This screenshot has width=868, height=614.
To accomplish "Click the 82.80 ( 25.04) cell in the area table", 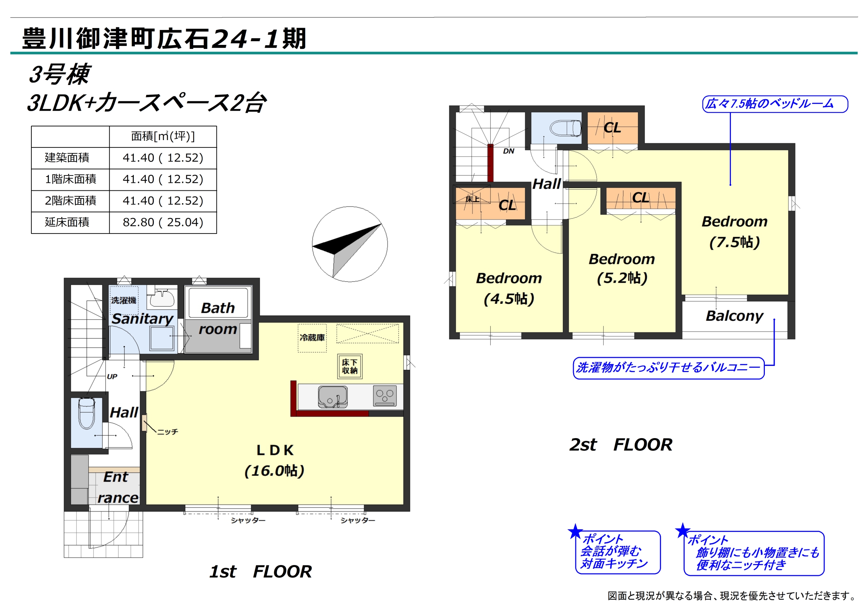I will click(x=163, y=223).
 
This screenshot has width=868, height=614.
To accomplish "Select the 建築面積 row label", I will click(x=67, y=158).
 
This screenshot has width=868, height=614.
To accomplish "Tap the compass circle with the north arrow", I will click(x=350, y=244).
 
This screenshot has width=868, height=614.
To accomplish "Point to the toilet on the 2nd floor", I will click(x=565, y=129).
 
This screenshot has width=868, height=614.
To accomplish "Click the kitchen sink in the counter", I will click(x=333, y=397).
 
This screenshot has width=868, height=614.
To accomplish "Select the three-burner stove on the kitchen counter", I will click(x=385, y=396).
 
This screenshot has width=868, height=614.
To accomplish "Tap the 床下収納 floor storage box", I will click(x=350, y=366).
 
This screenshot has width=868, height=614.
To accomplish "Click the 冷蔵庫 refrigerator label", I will click(x=312, y=337).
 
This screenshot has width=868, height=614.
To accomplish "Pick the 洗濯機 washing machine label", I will click(x=124, y=300).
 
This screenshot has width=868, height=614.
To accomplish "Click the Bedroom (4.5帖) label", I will click(x=509, y=288).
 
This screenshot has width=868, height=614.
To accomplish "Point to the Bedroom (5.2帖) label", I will click(x=622, y=269).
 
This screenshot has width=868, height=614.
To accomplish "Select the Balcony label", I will click(x=734, y=316).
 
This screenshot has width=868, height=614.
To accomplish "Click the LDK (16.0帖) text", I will click(x=275, y=461).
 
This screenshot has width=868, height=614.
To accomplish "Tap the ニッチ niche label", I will click(x=167, y=432).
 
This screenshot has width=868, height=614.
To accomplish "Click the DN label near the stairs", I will click(x=509, y=151).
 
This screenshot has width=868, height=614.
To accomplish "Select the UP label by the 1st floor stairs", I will click(x=112, y=377).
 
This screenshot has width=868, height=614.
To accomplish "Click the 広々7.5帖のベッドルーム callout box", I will click(x=775, y=104).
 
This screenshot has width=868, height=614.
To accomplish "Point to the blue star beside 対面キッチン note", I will click(x=575, y=532).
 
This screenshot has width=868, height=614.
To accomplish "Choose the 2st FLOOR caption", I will click(x=621, y=445).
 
